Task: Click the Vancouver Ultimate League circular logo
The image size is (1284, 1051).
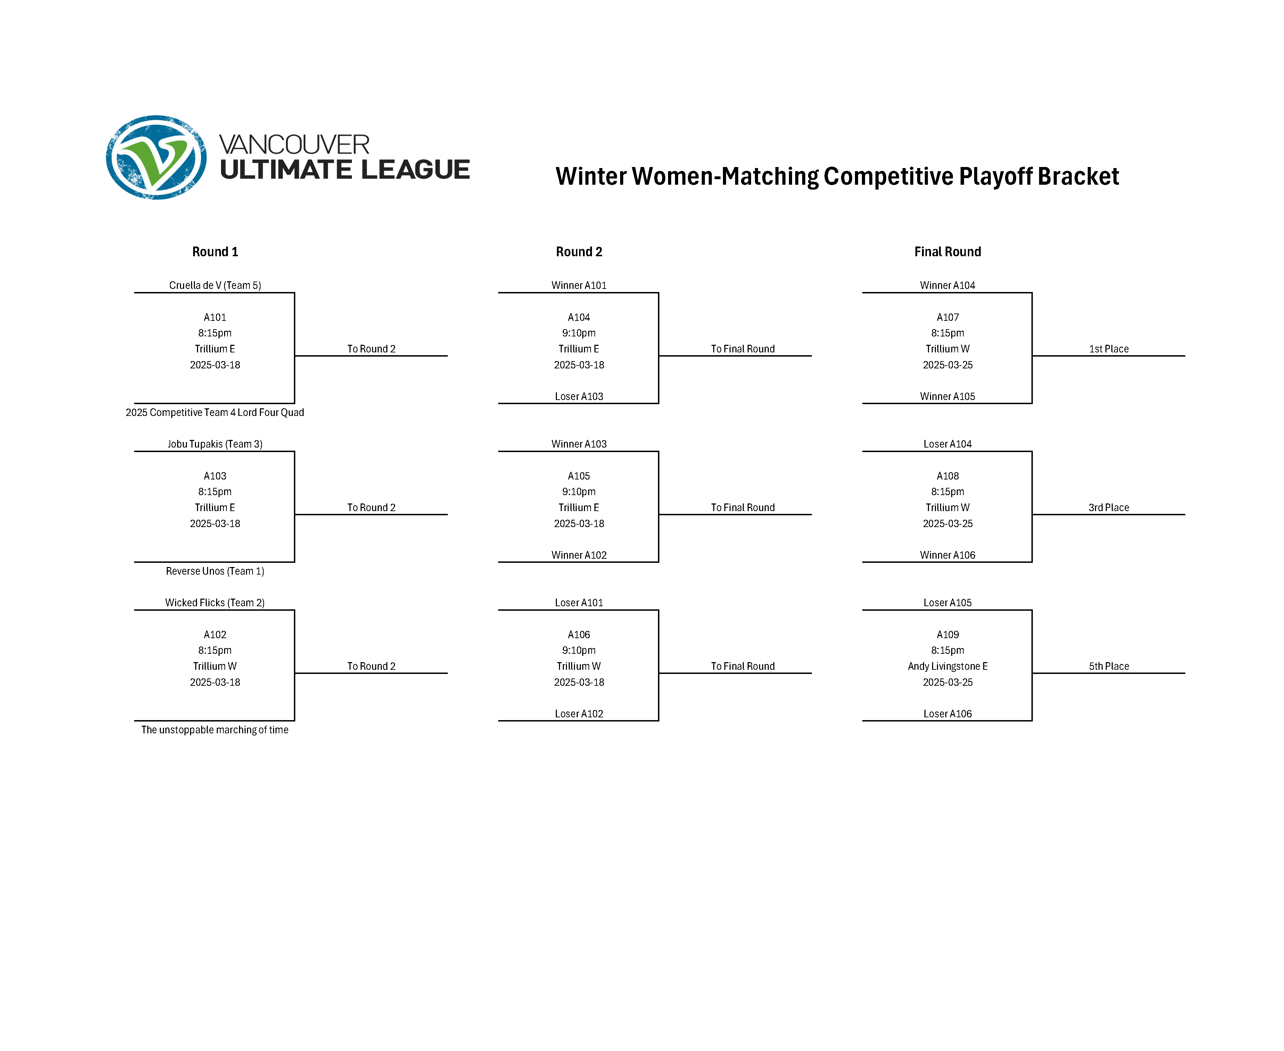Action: click(156, 157)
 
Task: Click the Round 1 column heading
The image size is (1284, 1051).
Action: click(215, 252)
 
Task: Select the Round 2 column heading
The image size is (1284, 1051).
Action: click(579, 252)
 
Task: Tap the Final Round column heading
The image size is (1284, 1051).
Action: click(947, 252)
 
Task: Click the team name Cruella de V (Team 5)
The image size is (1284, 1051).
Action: click(215, 285)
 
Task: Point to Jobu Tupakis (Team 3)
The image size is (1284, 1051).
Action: click(215, 444)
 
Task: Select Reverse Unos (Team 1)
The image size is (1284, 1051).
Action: click(215, 571)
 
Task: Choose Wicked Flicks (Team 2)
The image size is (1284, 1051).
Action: click(215, 602)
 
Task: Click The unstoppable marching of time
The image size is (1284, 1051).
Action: click(215, 729)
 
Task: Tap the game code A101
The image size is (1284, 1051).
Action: click(215, 317)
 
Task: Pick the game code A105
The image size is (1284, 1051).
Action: click(579, 476)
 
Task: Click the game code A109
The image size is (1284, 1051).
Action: click(948, 634)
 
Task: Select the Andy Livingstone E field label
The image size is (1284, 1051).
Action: click(948, 666)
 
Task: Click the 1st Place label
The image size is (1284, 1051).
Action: click(1109, 349)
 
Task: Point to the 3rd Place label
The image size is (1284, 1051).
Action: click(1109, 507)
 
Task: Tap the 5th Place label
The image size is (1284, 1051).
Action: click(1109, 666)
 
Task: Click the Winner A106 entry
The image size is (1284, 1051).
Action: click(948, 555)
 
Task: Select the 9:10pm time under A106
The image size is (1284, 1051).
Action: click(579, 650)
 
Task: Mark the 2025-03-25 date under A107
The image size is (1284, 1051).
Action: click(948, 365)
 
